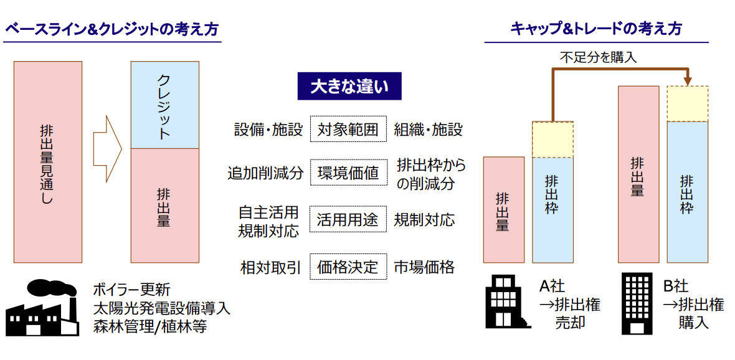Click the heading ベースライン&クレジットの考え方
pyautogui.click(x=111, y=29)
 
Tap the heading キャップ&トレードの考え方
pyautogui.click(x=595, y=29)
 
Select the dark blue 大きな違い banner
pyautogui.click(x=349, y=87)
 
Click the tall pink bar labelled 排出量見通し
pyautogui.click(x=48, y=162)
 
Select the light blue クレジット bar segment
pyautogui.click(x=164, y=105)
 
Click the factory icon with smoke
pyautogui.click(x=42, y=308)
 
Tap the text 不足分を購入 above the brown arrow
pyautogui.click(x=598, y=58)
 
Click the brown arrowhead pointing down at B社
pyautogui.click(x=688, y=81)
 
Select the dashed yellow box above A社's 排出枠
pyautogui.click(x=552, y=140)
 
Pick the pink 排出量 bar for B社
pyautogui.click(x=638, y=174)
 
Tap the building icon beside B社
pyautogui.click(x=637, y=303)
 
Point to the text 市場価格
pyautogui.click(x=424, y=268)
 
